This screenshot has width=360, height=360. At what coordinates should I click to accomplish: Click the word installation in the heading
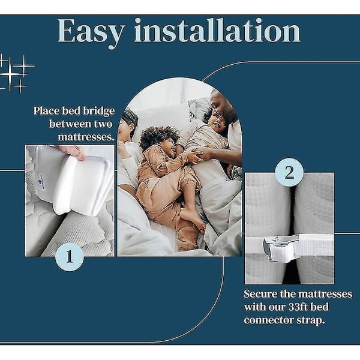(x=217, y=31)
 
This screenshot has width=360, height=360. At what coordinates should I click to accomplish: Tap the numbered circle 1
(x=70, y=256)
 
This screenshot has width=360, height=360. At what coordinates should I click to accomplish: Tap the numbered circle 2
(x=289, y=172)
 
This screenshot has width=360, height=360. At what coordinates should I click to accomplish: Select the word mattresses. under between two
(x=86, y=137)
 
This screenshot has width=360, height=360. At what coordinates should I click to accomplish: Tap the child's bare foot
(x=193, y=219)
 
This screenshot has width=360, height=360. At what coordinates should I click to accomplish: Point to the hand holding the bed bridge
(x=73, y=152)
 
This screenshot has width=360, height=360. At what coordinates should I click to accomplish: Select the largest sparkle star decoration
(x=10, y=74)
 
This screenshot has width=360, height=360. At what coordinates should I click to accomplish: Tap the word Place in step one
(x=46, y=110)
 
